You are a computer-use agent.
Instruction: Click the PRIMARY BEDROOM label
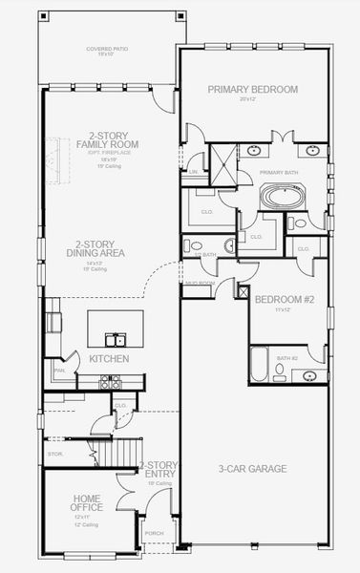(253, 90)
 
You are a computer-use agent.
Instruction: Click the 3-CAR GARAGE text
(253, 468)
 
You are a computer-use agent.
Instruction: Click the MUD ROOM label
(198, 283)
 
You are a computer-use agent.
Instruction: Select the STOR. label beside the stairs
(55, 454)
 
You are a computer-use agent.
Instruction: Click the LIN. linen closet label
(194, 172)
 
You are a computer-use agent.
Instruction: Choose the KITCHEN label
(103, 359)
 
